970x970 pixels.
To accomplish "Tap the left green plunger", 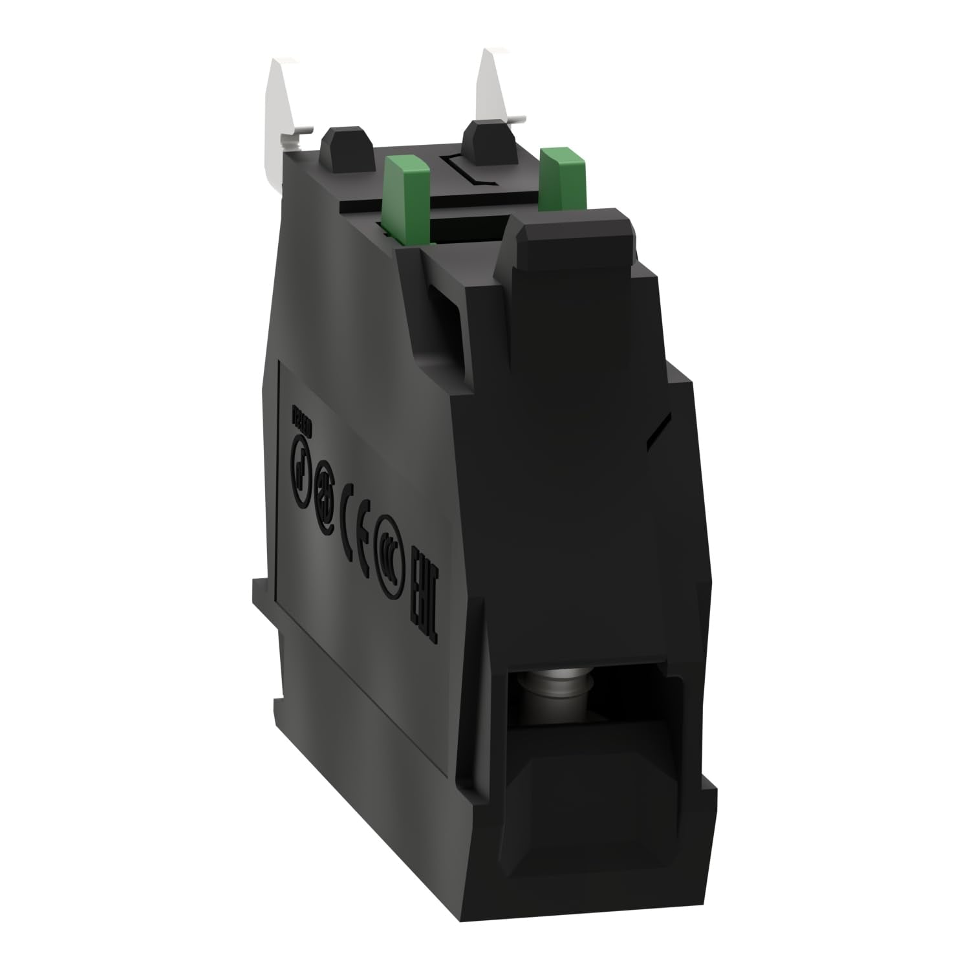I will (x=401, y=195).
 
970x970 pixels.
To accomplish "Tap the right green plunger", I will (x=559, y=175).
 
